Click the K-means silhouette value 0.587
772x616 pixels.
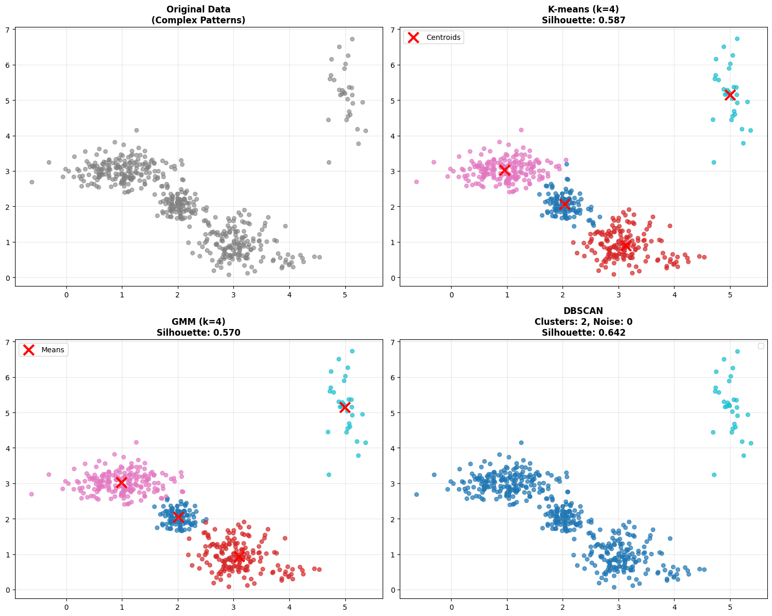pyautogui.click(x=610, y=20)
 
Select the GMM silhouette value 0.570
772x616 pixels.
pyautogui.click(x=224, y=333)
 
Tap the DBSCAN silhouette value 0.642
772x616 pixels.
pyautogui.click(x=609, y=333)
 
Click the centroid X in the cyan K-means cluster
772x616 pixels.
pyautogui.click(x=730, y=95)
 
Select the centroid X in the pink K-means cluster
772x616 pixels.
pyautogui.click(x=504, y=170)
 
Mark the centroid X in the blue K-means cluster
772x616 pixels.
pyautogui.click(x=565, y=204)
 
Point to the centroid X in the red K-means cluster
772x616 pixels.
pyautogui.click(x=626, y=245)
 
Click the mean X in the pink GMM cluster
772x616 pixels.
pyautogui.click(x=122, y=483)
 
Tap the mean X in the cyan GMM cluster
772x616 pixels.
pyautogui.click(x=345, y=407)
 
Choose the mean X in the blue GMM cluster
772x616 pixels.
pyautogui.click(x=178, y=517)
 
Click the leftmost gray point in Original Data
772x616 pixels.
pyautogui.click(x=32, y=182)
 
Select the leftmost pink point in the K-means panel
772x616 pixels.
pyautogui.click(x=416, y=182)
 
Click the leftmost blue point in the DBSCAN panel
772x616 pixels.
pyautogui.click(x=416, y=494)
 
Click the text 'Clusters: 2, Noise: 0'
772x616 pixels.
pyautogui.click(x=583, y=322)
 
